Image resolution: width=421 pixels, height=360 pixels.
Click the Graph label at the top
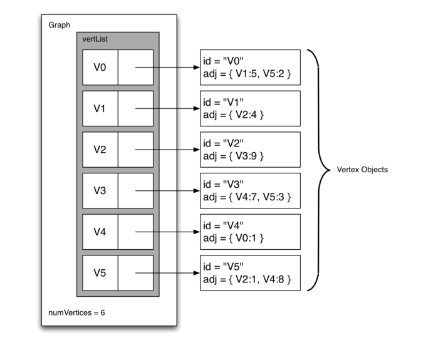pyautogui.click(x=60, y=25)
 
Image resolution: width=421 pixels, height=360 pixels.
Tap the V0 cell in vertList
pyautogui.click(x=100, y=67)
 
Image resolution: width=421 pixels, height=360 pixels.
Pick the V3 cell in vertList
pyautogui.click(x=100, y=190)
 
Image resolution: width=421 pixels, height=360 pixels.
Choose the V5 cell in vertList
pyautogui.click(x=100, y=272)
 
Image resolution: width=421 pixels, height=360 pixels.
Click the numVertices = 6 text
pyautogui.click(x=77, y=312)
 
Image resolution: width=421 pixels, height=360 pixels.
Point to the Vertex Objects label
pyautogui.click(x=363, y=170)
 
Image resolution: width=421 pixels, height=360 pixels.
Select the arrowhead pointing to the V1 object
pyautogui.click(x=196, y=108)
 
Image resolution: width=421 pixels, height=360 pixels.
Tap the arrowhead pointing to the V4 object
pyautogui.click(x=196, y=232)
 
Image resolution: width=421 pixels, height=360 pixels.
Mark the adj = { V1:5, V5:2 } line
pyautogui.click(x=247, y=74)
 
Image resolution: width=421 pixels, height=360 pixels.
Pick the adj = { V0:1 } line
pyautogui.click(x=234, y=239)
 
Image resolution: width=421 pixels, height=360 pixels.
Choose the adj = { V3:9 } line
pyautogui.click(x=234, y=156)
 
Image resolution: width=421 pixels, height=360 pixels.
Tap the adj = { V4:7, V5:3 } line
pyautogui.click(x=247, y=197)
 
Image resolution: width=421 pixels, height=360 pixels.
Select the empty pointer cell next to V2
pyautogui.click(x=135, y=149)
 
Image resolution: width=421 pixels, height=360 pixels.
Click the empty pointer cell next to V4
pyautogui.click(x=135, y=232)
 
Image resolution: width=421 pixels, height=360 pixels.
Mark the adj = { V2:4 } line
pyautogui.click(x=234, y=115)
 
